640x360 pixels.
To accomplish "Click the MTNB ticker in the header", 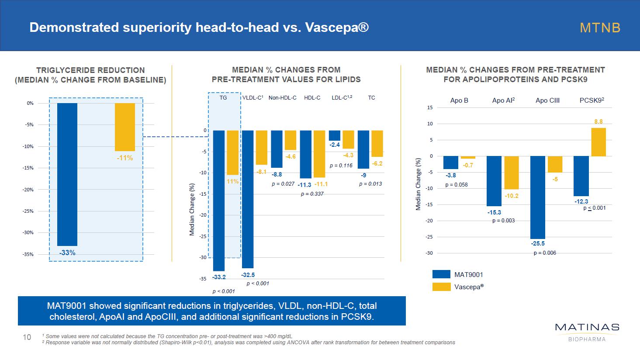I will pyautogui.click(x=600, y=28).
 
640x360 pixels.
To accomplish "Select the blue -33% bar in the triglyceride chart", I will pyautogui.click(x=67, y=174).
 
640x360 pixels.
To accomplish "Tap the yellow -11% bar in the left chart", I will pyautogui.click(x=125, y=127).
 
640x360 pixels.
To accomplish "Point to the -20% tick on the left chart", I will pyautogui.click(x=28, y=190).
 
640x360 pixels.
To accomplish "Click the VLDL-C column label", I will pyautogui.click(x=253, y=98).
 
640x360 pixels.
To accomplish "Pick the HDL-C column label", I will pyautogui.click(x=312, y=98).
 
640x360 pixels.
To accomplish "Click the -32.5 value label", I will pyautogui.click(x=248, y=275).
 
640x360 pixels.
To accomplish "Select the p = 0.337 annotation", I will pyautogui.click(x=312, y=194).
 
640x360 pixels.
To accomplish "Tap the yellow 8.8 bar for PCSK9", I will pyautogui.click(x=598, y=142).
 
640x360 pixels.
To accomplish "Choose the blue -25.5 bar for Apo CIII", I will pyautogui.click(x=538, y=197).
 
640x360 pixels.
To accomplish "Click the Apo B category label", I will pyautogui.click(x=459, y=100).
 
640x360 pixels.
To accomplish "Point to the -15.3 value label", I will pyautogui.click(x=494, y=213).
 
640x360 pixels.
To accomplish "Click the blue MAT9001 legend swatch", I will pyautogui.click(x=441, y=274).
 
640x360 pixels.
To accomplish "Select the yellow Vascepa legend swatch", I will pyautogui.click(x=441, y=287).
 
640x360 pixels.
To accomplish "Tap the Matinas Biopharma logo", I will pyautogui.click(x=587, y=332).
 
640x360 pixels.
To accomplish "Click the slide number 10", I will pyautogui.click(x=27, y=337).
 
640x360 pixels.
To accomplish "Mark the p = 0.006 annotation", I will pyautogui.click(x=545, y=253).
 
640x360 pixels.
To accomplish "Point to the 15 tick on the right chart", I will pyautogui.click(x=430, y=107).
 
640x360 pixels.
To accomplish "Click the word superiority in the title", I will pyautogui.click(x=156, y=28).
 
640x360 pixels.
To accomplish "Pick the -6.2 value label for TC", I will pyautogui.click(x=377, y=164).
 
